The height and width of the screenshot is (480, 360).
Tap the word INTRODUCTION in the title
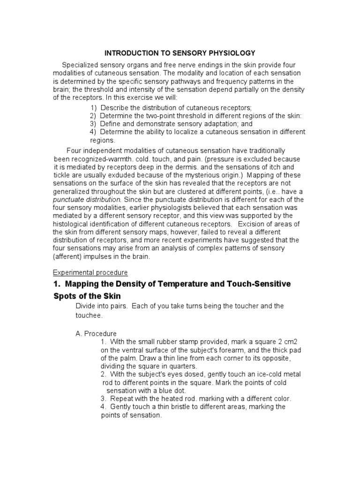click(132, 53)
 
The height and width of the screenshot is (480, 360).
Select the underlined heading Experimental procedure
click(90, 272)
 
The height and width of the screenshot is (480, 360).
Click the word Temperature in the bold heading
click(183, 284)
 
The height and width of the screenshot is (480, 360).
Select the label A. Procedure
click(96, 333)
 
